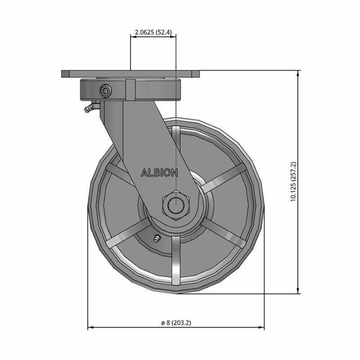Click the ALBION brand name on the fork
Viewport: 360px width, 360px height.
[159, 173]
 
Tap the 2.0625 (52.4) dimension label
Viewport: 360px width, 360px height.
[153, 32]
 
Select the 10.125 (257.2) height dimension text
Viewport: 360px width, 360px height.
[293, 182]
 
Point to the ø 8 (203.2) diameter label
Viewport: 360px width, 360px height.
[176, 323]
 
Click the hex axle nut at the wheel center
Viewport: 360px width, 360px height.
[176, 205]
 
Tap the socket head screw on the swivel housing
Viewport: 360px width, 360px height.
[106, 91]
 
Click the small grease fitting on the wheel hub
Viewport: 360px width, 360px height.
[157, 239]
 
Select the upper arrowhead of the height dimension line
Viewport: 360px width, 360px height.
[298, 73]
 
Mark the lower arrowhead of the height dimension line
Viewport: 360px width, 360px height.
[298, 291]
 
